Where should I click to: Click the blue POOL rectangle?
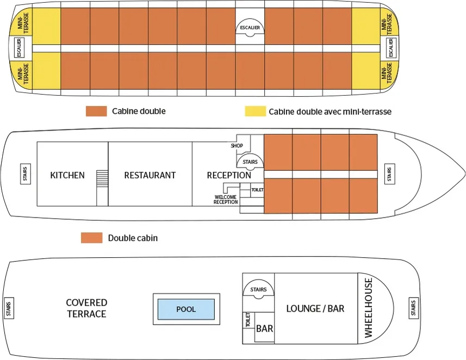(185, 309)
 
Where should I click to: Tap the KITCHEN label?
(67, 175)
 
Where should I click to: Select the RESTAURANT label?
(150, 175)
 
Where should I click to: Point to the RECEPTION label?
(229, 175)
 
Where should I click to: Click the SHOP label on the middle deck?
(237, 146)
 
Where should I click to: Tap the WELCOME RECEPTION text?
(226, 200)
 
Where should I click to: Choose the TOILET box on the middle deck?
(257, 190)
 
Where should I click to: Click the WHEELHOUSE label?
(369, 308)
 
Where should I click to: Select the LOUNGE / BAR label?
(315, 308)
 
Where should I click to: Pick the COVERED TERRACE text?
(86, 308)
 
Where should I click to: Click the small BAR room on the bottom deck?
(264, 328)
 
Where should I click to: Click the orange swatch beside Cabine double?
(96, 111)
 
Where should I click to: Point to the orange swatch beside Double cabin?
(91, 238)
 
